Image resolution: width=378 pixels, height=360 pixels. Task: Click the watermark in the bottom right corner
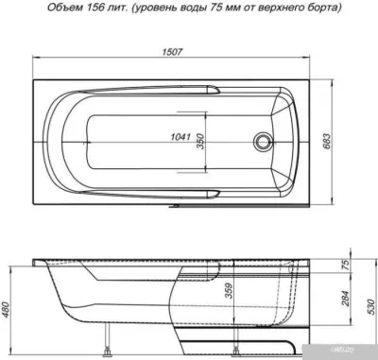363,351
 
